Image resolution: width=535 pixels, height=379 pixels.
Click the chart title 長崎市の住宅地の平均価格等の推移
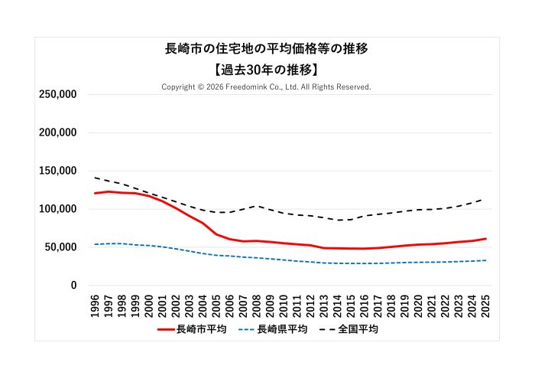[x=267, y=49]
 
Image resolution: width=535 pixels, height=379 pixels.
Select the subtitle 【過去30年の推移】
[x=267, y=69]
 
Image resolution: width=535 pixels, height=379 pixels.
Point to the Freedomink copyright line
[x=267, y=87]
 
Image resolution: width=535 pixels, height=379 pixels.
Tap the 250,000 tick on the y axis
[x=57, y=94]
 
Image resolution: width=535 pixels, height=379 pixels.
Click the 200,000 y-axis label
[x=57, y=132]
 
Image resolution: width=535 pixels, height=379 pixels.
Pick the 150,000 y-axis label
[x=57, y=171]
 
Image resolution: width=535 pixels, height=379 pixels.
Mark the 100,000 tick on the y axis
[x=57, y=209]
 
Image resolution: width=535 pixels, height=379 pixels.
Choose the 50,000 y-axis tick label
[x=60, y=247]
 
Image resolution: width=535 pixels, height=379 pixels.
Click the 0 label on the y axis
[x=73, y=286]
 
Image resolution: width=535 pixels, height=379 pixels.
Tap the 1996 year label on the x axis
[x=96, y=303]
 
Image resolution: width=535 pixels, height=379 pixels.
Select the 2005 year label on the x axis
[x=216, y=303]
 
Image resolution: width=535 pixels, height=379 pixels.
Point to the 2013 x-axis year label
[x=324, y=303]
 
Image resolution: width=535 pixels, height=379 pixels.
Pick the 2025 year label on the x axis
[x=485, y=303]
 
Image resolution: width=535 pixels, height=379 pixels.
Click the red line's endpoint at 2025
[x=485, y=239]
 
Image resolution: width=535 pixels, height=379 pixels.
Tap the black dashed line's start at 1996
[x=96, y=178]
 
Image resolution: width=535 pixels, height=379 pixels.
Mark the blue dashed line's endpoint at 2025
[x=485, y=260]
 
